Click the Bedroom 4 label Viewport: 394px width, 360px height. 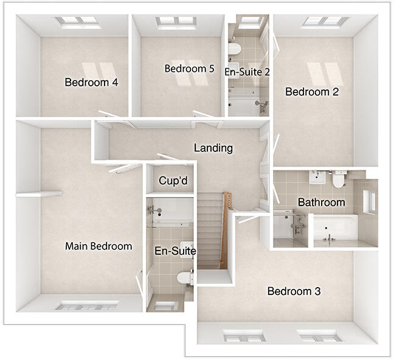click(x=91, y=83)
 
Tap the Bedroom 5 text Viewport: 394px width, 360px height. click(x=189, y=69)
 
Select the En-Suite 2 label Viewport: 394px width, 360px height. click(x=247, y=72)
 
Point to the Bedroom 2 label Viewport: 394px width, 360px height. click(x=312, y=92)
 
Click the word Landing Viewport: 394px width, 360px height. click(x=213, y=148)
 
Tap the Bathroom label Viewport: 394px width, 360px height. click(x=321, y=202)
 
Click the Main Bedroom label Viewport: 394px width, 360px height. click(x=98, y=246)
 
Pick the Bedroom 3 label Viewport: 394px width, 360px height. click(x=294, y=291)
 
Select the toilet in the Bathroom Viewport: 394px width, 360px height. click(x=339, y=179)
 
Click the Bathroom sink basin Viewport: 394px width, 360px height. click(x=317, y=177)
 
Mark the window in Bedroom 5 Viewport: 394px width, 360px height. click(x=175, y=22)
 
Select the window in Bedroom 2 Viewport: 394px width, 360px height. click(x=325, y=22)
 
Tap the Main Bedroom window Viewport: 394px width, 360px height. click(x=86, y=306)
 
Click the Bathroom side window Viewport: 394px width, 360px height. click(x=370, y=202)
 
